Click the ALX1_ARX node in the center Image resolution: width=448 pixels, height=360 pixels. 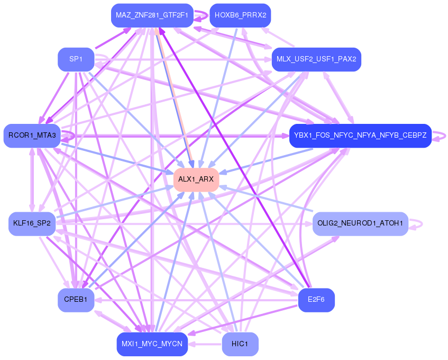196,179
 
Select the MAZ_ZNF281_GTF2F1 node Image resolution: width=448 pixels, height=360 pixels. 151,15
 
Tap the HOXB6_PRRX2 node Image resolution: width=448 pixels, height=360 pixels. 240,15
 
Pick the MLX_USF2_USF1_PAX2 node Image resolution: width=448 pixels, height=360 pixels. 316,59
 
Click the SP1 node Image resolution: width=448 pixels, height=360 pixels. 76,59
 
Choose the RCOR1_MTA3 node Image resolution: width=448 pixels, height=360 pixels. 32,136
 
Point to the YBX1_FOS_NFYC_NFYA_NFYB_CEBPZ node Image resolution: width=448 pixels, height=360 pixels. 360,136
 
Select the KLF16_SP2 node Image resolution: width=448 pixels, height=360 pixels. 32,223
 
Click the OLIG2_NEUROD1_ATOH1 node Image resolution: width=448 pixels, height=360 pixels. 360,223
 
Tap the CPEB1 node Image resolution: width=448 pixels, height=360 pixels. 76,300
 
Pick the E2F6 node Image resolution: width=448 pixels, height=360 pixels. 316,300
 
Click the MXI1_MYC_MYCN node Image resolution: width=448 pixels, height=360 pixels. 152,344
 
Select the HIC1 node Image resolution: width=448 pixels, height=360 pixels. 240,344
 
